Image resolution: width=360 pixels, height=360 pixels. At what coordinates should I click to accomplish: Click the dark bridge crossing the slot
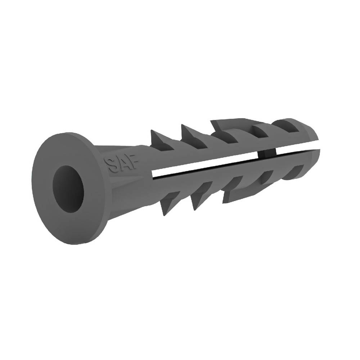(x=267, y=155)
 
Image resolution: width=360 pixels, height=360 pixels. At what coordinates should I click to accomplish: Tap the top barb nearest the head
(x=159, y=140)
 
